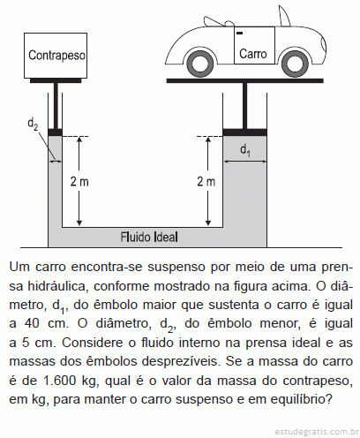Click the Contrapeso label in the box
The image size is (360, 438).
pyautogui.click(x=56, y=56)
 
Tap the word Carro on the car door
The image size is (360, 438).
pyautogui.click(x=253, y=54)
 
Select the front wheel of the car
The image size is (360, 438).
pyautogui.click(x=295, y=64)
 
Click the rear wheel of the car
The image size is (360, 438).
pyautogui.click(x=199, y=64)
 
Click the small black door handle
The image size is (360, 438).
pyautogui.click(x=239, y=33)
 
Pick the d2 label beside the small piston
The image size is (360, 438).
pyautogui.click(x=33, y=123)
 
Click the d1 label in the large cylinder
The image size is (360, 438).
pyautogui.click(x=245, y=150)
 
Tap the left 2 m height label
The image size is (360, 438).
pyautogui.click(x=79, y=182)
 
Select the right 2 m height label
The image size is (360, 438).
pyautogui.click(x=206, y=182)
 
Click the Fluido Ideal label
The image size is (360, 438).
pyautogui.click(x=149, y=237)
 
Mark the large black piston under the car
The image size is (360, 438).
pyautogui.click(x=244, y=132)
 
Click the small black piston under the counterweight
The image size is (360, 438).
pyautogui.click(x=55, y=132)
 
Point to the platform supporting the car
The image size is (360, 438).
pyautogui.click(x=245, y=80)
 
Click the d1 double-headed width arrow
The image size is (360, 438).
pyautogui.click(x=245, y=161)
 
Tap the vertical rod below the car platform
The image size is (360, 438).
pyautogui.click(x=244, y=106)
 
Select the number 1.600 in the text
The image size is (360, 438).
pyautogui.click(x=60, y=381)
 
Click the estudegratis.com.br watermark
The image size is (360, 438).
pyautogui.click(x=317, y=432)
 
